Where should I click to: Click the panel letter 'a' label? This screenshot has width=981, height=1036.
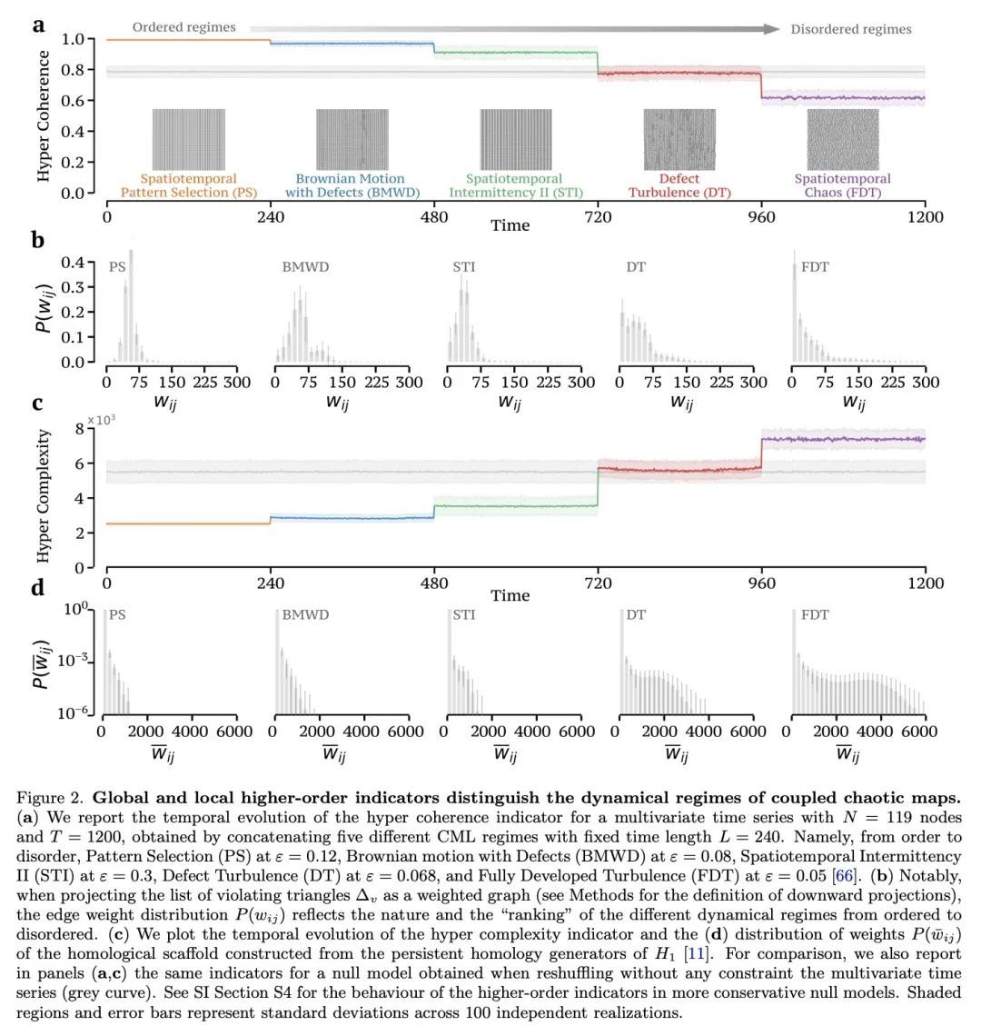coord(39,25)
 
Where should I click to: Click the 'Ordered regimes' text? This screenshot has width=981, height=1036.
coord(184,28)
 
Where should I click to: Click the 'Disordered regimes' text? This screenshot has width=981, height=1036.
coord(850,29)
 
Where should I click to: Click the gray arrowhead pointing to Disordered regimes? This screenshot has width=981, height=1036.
coord(772,29)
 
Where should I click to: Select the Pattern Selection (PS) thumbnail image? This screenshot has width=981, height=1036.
coord(188,139)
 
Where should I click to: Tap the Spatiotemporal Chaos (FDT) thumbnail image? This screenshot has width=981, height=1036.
coord(843,139)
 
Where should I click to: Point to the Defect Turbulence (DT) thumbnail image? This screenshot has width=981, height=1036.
coord(679,139)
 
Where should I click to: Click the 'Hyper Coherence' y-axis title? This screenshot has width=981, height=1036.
coord(44,116)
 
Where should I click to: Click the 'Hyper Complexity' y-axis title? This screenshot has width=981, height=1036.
coord(44,497)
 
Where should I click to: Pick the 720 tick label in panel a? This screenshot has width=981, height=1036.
coord(598,217)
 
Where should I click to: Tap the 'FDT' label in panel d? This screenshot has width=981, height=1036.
coord(814,615)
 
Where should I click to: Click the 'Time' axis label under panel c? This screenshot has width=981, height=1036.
coord(510,596)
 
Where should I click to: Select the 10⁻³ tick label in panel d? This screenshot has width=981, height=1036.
coord(76,662)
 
